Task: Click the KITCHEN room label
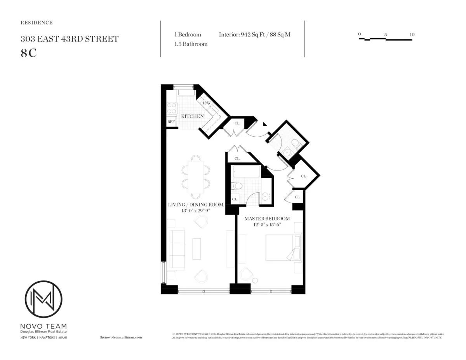point(192,116)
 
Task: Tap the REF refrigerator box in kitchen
point(171,122)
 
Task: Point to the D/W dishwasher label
point(207,103)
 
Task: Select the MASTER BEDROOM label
point(267,219)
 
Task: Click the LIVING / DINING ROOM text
point(195,205)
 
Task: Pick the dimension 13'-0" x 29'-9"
point(195,210)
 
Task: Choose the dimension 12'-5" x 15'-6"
point(267,225)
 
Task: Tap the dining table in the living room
point(196,177)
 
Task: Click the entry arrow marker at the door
point(265,124)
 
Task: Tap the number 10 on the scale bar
point(412,35)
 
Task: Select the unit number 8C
point(29,53)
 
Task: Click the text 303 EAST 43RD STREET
point(70,39)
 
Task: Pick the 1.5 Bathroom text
point(191,44)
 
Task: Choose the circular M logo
point(43,299)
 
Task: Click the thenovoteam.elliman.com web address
point(121,337)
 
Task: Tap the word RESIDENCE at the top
point(37,23)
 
